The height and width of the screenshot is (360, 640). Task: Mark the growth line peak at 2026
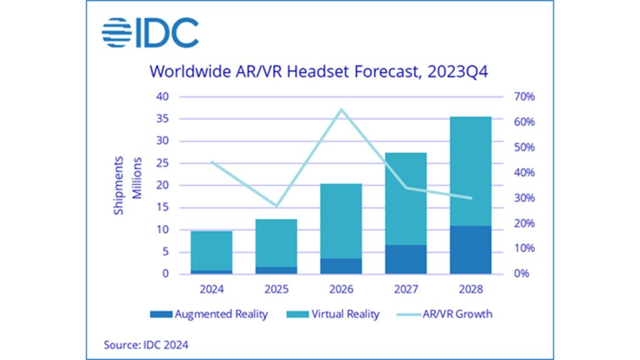click(x=341, y=110)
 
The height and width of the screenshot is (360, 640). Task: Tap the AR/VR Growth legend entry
click(x=444, y=314)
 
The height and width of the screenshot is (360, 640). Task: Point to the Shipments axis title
click(x=119, y=185)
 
